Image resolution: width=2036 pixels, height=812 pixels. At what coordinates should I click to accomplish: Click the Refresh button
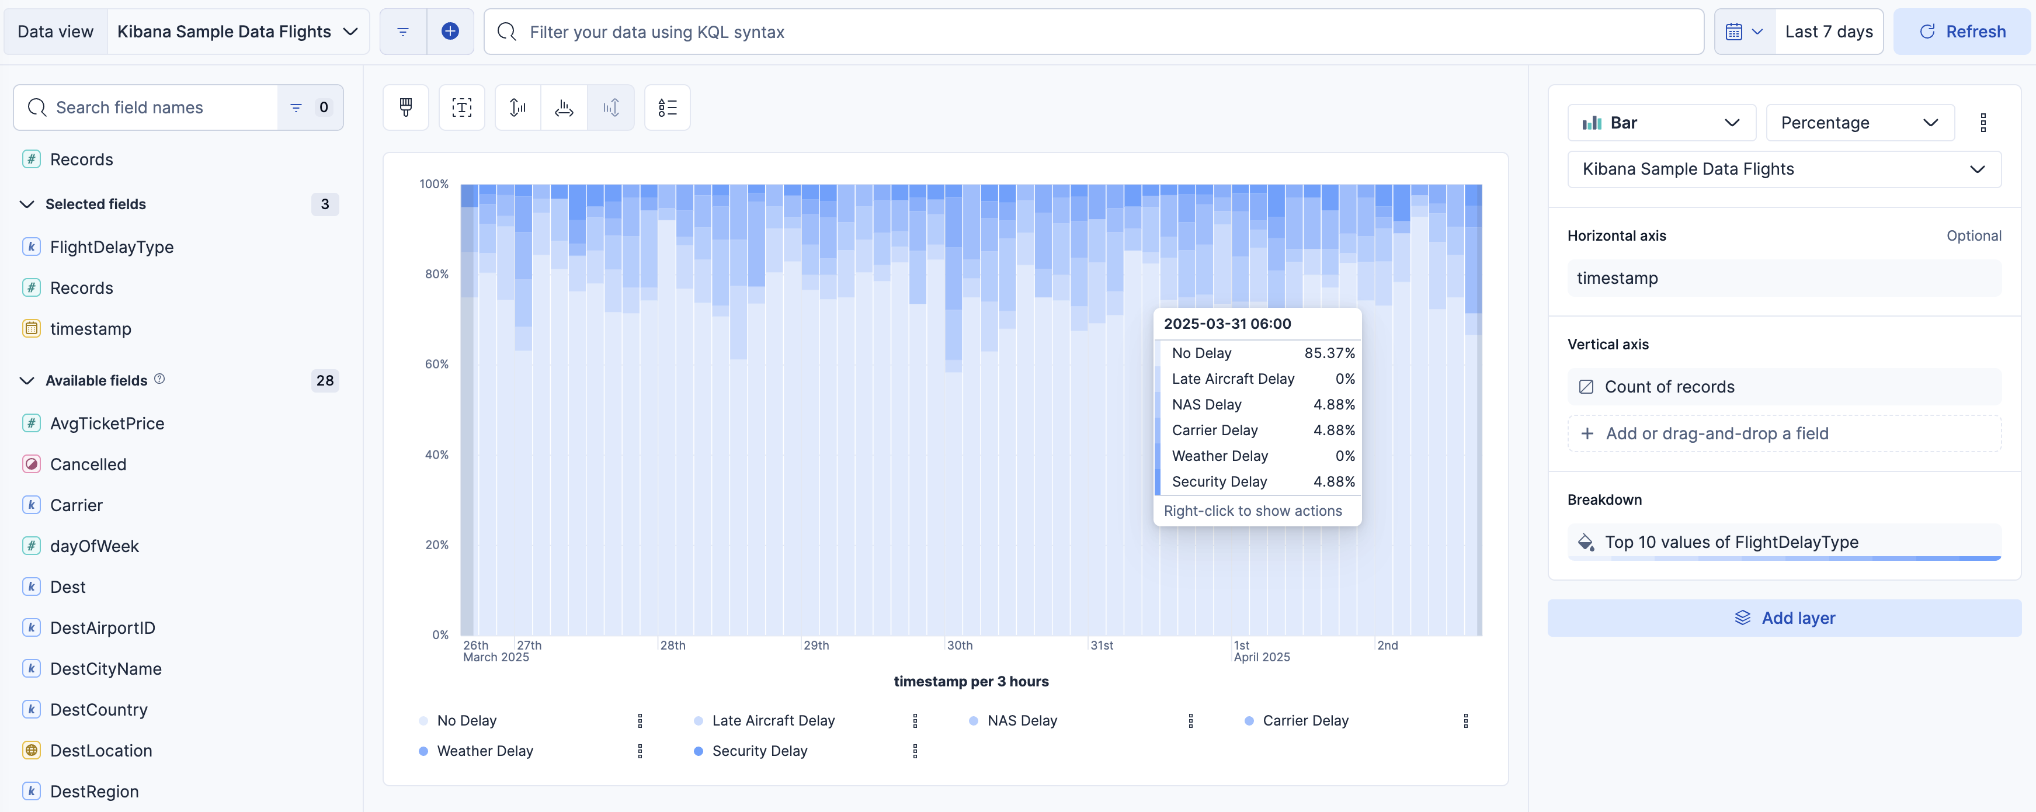(x=1962, y=32)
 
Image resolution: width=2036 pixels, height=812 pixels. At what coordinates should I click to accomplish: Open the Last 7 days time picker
(x=1828, y=32)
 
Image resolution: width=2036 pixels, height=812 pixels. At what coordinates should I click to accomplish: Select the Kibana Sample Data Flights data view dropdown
(x=237, y=32)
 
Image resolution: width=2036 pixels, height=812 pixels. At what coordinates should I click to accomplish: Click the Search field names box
(x=158, y=107)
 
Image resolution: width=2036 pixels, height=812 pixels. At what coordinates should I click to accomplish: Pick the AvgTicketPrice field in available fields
(x=107, y=424)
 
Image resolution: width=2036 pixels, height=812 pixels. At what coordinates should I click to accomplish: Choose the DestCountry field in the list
(x=99, y=710)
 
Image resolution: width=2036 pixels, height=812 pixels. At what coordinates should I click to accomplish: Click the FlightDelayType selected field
(x=112, y=248)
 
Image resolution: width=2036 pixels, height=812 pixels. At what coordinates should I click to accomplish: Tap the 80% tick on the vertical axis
(x=436, y=275)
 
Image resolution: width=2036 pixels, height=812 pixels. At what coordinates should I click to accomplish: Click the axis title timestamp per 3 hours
(x=971, y=682)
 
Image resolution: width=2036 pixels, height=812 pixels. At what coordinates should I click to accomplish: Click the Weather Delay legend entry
(x=485, y=751)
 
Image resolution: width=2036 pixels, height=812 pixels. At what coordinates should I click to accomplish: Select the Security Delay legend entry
(x=759, y=751)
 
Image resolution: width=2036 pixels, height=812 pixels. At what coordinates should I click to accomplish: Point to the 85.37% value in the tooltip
(x=1329, y=353)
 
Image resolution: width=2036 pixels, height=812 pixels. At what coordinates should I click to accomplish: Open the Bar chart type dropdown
(x=1660, y=123)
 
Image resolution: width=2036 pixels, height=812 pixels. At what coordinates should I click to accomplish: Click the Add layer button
(x=1784, y=618)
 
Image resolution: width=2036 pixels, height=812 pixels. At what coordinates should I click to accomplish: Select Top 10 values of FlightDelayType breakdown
(x=1731, y=542)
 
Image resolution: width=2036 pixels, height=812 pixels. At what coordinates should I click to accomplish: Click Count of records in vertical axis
(x=1669, y=387)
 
